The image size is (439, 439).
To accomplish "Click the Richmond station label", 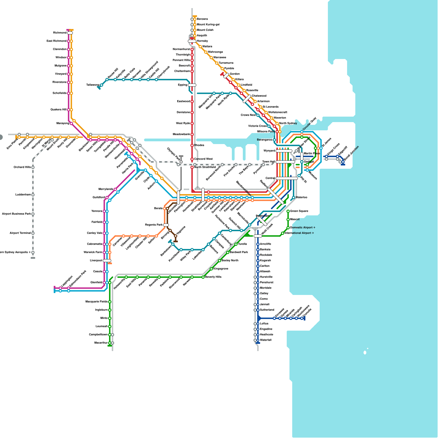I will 60,33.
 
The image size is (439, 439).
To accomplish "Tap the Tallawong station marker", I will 102,85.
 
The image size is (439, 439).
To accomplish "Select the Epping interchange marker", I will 192,85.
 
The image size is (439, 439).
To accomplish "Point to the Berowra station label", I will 202,19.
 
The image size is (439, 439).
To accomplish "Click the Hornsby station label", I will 202,41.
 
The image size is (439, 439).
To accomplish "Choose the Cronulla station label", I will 308,314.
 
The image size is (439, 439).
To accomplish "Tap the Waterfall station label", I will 266,340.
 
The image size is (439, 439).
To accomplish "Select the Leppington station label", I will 67,281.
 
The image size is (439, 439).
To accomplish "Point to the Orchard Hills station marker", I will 33,167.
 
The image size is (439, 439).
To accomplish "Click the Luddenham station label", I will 23,195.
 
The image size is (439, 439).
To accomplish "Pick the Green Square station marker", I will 288,211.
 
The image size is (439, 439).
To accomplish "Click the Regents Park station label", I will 154,225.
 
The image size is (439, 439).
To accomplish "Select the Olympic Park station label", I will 173,154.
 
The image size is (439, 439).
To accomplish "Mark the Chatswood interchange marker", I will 247,99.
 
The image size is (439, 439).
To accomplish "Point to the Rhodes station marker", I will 192,145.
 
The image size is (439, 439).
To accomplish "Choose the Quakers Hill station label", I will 58,110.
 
